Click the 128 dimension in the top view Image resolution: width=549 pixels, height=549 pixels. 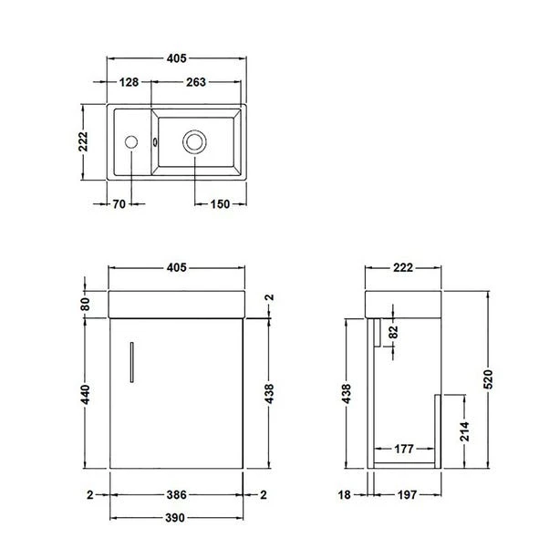(129, 82)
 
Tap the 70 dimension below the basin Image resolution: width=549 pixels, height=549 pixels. (118, 204)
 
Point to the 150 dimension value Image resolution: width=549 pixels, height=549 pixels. (219, 204)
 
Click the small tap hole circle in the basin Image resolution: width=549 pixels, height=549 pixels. (131, 141)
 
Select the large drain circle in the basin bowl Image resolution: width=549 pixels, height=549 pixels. (194, 141)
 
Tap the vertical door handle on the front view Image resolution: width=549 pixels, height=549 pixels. (130, 358)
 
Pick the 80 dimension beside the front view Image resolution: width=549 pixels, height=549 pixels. (85, 303)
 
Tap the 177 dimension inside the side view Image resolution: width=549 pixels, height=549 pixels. (407, 449)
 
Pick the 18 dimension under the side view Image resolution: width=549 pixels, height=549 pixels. (346, 495)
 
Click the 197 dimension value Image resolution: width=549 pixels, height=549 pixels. (407, 495)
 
